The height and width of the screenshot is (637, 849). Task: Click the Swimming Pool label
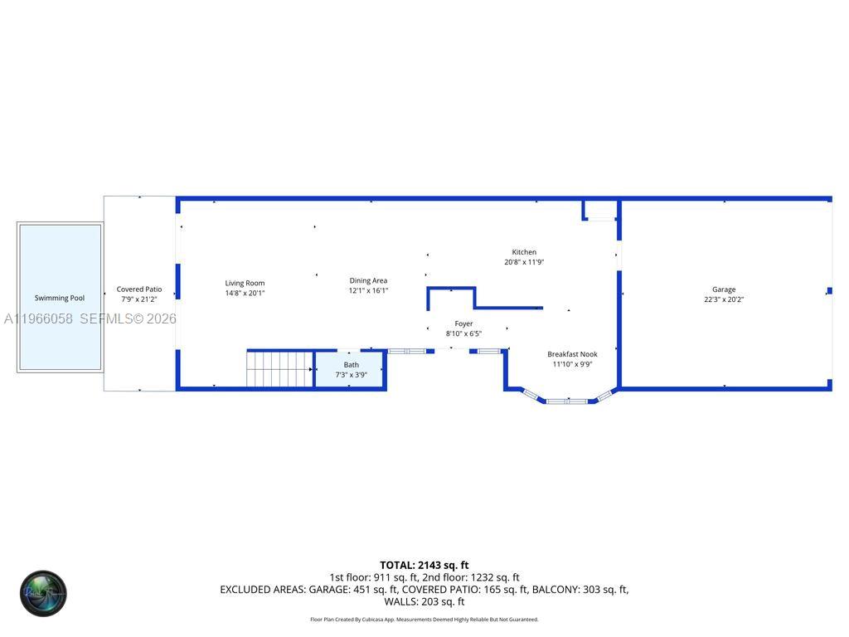coord(60,298)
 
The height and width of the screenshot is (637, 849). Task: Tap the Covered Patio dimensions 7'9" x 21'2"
coord(139,299)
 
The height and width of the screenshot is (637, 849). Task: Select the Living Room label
coord(245,283)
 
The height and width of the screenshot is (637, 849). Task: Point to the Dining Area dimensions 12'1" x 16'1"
coord(368,290)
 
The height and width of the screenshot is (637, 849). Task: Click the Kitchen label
coord(524,252)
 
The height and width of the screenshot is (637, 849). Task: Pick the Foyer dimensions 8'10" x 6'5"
coord(463,333)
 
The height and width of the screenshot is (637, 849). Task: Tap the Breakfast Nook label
coord(572,354)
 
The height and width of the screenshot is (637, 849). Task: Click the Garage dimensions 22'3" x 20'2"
coord(724,299)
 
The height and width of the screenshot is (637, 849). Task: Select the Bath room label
coord(352,365)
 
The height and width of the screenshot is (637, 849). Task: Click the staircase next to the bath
coord(280,369)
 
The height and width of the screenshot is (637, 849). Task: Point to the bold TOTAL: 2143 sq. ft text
coord(424,566)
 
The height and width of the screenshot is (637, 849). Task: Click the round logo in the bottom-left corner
coord(43,593)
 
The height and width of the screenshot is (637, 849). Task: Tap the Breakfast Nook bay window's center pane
coord(567,401)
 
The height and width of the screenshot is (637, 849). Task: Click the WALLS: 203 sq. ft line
coord(424,601)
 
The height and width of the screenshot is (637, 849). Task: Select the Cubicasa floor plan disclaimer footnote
coord(424,620)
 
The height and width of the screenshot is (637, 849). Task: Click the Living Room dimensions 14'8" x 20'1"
coord(245,293)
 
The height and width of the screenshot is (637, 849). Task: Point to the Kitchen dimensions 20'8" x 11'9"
coord(524,262)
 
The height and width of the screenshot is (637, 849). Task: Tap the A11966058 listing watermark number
coord(38,318)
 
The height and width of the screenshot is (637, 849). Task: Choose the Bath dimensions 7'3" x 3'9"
coord(352,375)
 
